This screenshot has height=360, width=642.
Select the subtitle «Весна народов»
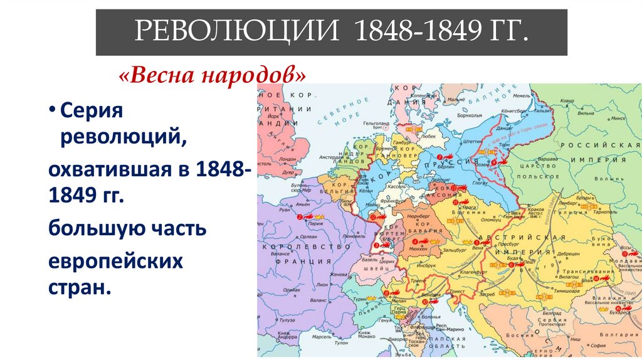click(x=213, y=77)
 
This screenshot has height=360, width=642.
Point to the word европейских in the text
click(x=115, y=261)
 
